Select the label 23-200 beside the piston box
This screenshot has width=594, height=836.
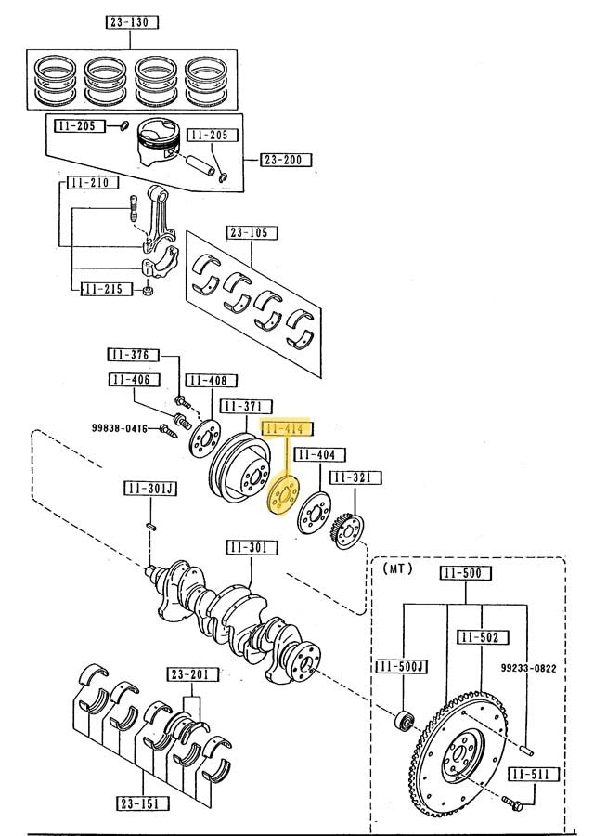pos(286,160)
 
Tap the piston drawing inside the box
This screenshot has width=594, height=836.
pos(159,145)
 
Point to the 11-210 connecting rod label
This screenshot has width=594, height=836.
pos(92,183)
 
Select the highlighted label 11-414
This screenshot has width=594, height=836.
pos(289,429)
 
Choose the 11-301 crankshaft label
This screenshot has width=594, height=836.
pos(249,548)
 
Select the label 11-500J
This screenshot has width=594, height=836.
pos(401,666)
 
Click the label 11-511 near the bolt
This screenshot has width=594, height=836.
pos(530,773)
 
